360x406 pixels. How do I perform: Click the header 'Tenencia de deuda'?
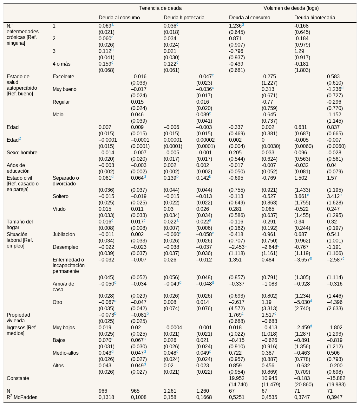click(x=160, y=8)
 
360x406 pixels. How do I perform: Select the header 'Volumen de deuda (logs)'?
click(x=291, y=8)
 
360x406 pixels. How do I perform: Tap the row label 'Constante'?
click(x=18, y=378)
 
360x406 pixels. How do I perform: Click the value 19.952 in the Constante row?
click(x=237, y=378)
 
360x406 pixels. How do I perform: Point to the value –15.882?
click(x=336, y=378)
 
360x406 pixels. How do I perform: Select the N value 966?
click(x=103, y=391)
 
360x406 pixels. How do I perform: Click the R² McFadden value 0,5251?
click(x=237, y=397)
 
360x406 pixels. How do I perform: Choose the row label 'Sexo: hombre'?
click(x=22, y=152)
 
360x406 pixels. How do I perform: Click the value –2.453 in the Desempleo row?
click(x=237, y=247)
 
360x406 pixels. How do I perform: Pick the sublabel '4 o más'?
click(x=61, y=64)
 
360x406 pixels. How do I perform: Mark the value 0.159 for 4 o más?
click(x=105, y=64)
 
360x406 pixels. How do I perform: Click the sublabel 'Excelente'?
click(x=63, y=76)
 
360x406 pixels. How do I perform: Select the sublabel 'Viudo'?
click(x=59, y=209)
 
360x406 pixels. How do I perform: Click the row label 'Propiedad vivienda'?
click(x=18, y=318)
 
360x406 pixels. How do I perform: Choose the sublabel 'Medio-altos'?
click(x=66, y=353)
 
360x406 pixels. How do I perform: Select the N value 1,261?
click(x=170, y=391)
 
